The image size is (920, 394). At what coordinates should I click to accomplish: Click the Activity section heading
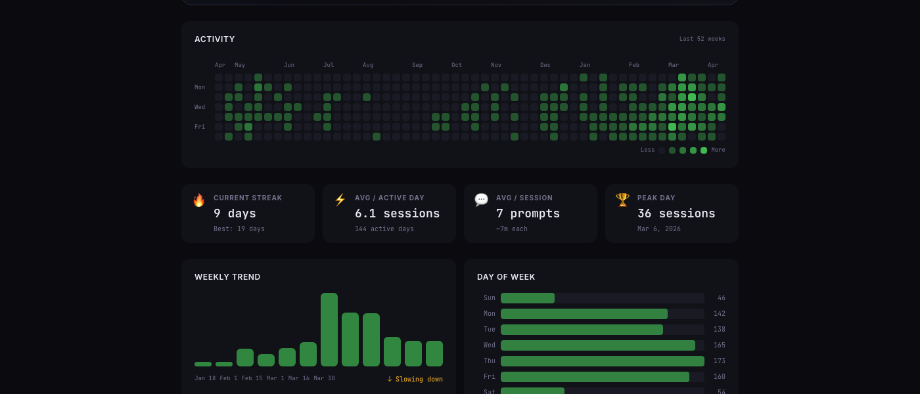[214, 39]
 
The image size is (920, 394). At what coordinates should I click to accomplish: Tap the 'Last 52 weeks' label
[702, 39]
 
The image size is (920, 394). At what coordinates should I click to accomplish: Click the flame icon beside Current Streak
[198, 200]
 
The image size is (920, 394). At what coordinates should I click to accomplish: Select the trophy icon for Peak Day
[622, 200]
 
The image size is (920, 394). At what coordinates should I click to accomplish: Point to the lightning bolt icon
[340, 200]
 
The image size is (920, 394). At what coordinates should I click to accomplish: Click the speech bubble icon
[481, 200]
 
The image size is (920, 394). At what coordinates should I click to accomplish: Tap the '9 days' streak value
[235, 213]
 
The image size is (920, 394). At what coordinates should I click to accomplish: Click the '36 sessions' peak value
[676, 213]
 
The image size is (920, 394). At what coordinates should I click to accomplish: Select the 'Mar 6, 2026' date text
[658, 229]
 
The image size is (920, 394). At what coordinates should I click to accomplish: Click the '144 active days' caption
[384, 229]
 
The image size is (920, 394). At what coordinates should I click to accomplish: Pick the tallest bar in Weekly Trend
[329, 330]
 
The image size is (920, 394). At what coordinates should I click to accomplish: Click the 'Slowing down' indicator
[415, 380]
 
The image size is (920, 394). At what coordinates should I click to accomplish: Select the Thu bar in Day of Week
[602, 361]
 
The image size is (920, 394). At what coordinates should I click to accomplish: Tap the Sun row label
[489, 298]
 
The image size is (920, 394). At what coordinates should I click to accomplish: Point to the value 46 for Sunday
[721, 298]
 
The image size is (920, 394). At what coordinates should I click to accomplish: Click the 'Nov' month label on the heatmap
[495, 65]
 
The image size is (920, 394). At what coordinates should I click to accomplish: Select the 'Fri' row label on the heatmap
[200, 127]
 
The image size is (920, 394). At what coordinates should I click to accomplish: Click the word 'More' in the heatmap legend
[718, 150]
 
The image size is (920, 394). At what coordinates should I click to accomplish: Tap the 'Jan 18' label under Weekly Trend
[205, 378]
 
